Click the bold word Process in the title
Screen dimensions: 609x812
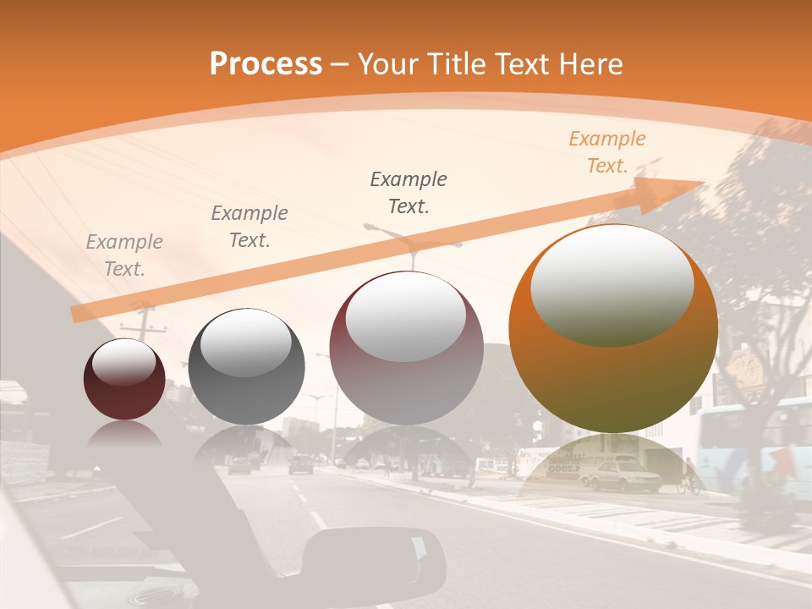click(x=266, y=63)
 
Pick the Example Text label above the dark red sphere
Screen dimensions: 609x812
click(x=124, y=255)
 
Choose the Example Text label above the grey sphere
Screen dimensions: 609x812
click(x=250, y=226)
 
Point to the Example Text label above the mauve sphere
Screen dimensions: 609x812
click(x=409, y=192)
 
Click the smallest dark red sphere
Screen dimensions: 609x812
click(x=124, y=379)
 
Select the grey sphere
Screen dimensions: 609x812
click(x=246, y=367)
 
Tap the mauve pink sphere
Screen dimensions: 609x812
click(x=406, y=348)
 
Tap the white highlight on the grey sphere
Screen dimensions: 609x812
click(x=245, y=342)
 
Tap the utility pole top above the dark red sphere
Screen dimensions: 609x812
click(x=143, y=321)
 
